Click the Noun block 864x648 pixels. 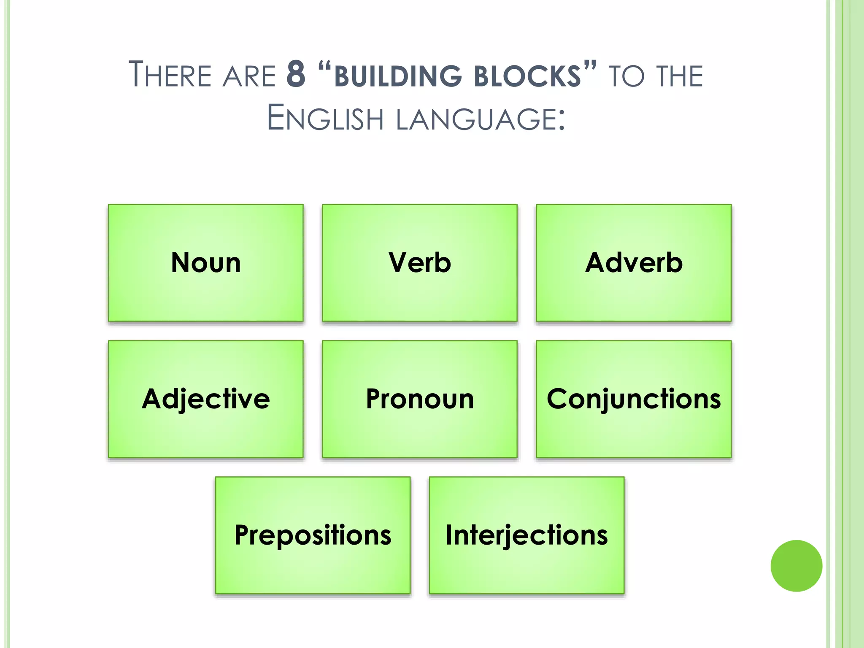(206, 263)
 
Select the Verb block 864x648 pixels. (420, 263)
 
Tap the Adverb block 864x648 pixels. (634, 263)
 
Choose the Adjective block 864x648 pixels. (206, 399)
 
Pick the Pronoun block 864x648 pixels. (420, 399)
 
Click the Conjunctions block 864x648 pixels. (634, 399)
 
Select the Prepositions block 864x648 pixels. (313, 535)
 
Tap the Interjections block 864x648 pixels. (526, 535)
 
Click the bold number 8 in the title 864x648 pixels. (296, 75)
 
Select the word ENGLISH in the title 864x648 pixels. (325, 118)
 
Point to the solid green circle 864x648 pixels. (796, 566)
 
